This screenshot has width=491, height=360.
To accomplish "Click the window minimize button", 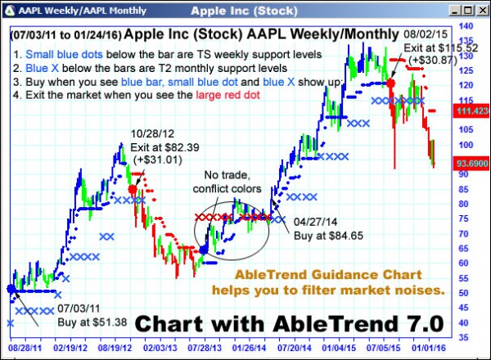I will coord(454,10).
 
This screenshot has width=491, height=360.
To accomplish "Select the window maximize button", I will coord(468,10).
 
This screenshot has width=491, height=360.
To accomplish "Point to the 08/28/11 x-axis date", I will coord(26,346).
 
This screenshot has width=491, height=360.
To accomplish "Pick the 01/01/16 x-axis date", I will coord(426,346).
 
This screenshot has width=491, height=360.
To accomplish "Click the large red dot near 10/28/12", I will coord(133,189).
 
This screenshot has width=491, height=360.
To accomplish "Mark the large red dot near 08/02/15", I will coord(391,83).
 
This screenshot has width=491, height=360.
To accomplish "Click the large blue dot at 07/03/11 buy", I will coord(11,288).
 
